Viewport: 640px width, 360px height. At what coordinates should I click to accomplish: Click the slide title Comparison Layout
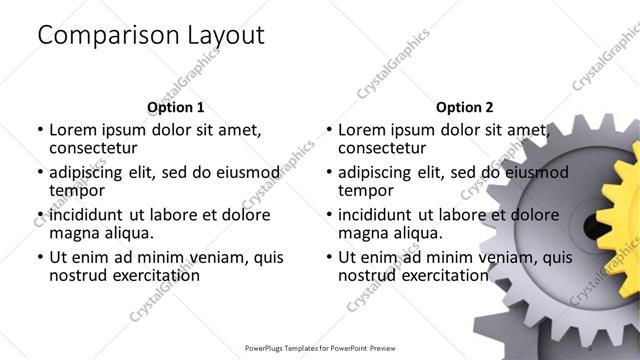(150, 35)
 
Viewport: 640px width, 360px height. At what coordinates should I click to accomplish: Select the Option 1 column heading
(175, 107)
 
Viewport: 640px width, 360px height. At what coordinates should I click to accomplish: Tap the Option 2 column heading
(465, 107)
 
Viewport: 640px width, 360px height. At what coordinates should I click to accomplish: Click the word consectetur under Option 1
(97, 148)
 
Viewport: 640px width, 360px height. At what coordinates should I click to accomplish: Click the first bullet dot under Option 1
(39, 130)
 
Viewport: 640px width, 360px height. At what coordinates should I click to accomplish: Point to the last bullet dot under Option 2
(328, 257)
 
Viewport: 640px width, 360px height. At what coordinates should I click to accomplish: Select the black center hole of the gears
(593, 229)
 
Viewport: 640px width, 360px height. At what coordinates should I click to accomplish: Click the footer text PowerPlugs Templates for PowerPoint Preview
(320, 348)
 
